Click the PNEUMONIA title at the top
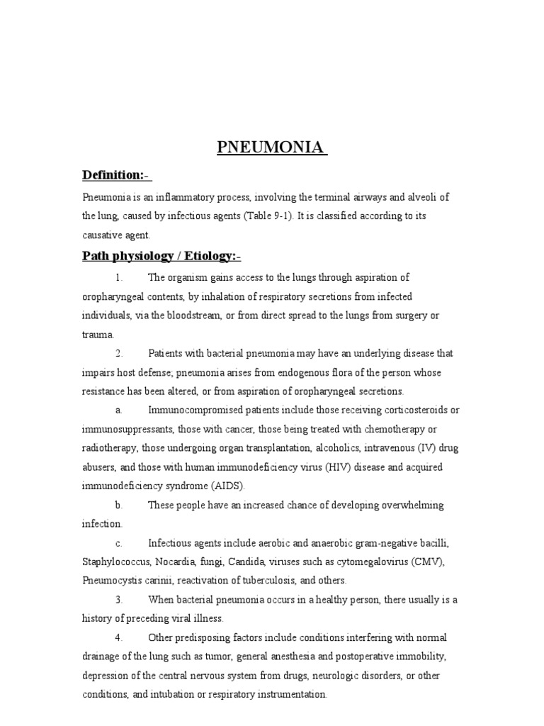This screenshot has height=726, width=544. tap(271, 149)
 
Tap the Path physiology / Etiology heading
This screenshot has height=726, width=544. tap(162, 256)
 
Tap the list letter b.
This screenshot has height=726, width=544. tap(118, 506)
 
